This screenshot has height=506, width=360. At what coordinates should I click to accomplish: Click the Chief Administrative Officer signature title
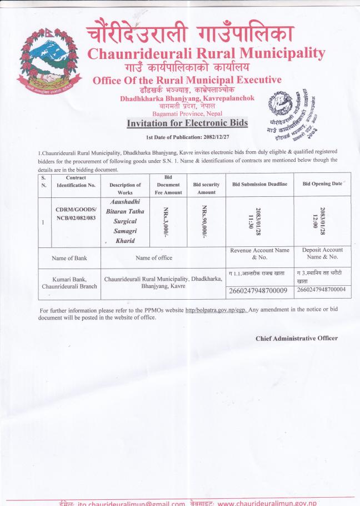296,338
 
